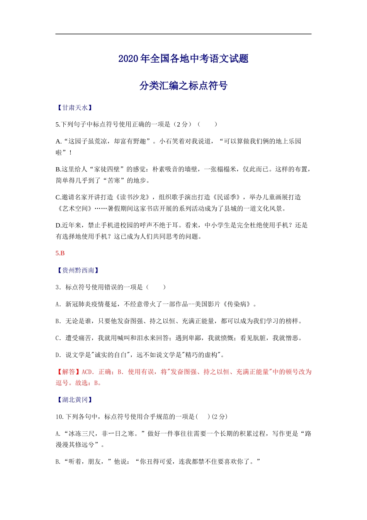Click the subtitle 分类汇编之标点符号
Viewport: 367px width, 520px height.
[183, 86]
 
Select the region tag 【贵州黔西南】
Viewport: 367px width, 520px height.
[78, 270]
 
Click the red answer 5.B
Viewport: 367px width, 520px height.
[60, 253]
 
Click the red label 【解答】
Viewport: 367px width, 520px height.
[68, 372]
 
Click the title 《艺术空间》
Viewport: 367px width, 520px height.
[75, 209]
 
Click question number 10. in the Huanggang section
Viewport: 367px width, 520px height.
[59, 417]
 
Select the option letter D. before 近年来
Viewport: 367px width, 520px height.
[58, 225]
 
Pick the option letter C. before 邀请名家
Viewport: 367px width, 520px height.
[58, 197]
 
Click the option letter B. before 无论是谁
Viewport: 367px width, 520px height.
[58, 321]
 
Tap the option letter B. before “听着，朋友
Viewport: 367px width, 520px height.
[58, 462]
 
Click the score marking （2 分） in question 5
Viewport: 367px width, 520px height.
[183, 124]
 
